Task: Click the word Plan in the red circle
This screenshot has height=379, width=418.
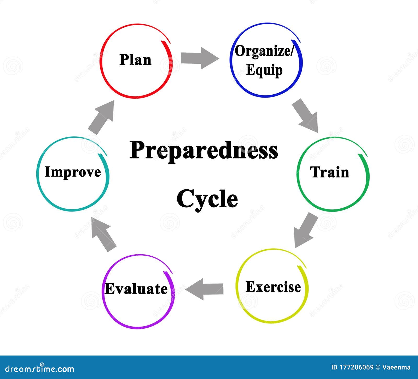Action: [135, 60]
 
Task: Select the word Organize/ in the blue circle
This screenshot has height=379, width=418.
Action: [264, 51]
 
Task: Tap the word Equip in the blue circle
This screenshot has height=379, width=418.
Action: [264, 70]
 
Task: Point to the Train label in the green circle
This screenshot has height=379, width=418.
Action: [330, 172]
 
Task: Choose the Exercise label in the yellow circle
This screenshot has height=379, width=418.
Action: [273, 287]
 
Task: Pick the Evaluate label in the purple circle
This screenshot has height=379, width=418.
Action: [136, 289]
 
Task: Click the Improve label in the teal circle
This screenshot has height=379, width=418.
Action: [73, 172]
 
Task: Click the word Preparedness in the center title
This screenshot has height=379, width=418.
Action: [204, 150]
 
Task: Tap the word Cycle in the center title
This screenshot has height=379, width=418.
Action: [207, 199]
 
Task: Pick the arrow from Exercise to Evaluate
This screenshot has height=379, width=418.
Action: [205, 289]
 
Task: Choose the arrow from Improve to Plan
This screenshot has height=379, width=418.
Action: [102, 117]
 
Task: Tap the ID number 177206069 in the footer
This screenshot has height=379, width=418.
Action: [356, 368]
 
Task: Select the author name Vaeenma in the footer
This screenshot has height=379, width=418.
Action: [396, 368]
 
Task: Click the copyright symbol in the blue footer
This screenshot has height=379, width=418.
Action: [378, 368]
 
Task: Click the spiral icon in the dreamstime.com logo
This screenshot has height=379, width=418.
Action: [42, 365]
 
